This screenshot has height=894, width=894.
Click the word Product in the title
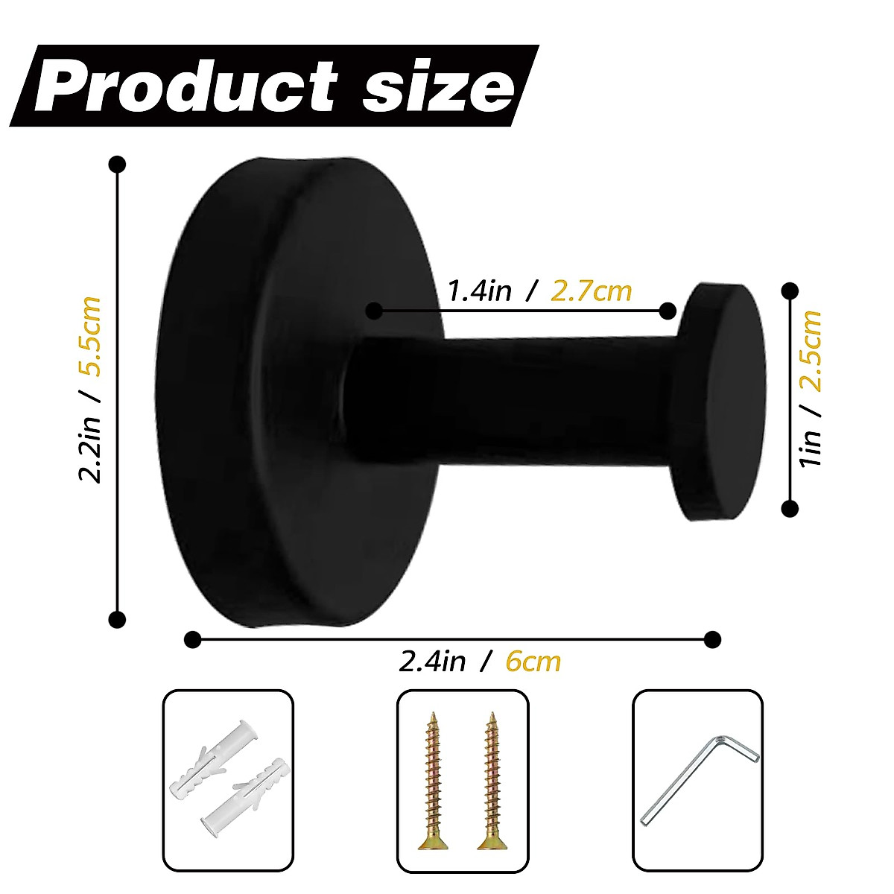186,87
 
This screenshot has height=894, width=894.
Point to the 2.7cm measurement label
591,290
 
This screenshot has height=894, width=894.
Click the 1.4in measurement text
480,290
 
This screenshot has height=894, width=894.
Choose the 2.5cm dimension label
811,350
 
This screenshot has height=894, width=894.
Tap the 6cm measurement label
533,661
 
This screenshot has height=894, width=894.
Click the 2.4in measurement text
432,661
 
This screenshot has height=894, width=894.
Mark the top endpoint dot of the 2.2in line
117,164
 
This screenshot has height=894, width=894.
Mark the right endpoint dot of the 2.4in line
712,638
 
